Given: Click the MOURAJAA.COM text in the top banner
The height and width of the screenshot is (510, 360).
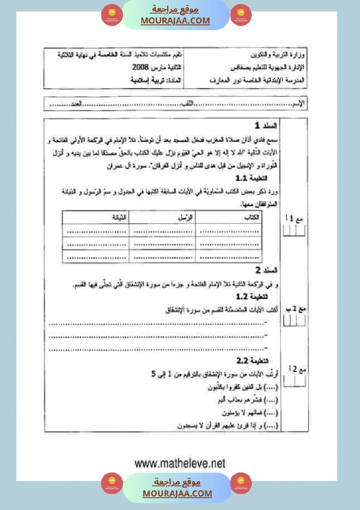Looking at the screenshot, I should (x=175, y=21).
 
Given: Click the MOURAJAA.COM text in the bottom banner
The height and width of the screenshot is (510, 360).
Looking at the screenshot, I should (x=177, y=493).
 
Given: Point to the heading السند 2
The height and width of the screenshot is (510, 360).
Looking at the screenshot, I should (x=264, y=270).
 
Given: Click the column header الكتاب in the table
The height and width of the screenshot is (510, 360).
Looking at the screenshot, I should (x=253, y=217).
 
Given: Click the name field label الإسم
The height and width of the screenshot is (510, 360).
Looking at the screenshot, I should (x=299, y=105).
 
